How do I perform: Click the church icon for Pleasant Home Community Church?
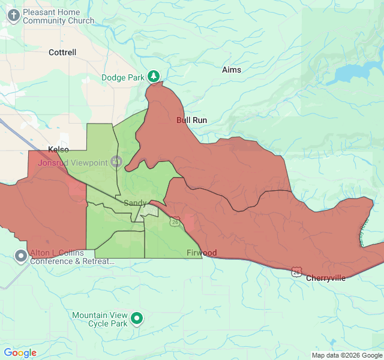pos(13,16)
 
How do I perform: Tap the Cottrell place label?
pos(62,52)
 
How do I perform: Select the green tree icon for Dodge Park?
pos(155,76)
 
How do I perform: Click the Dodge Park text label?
pos(122,77)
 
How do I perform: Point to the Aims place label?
pos(232,70)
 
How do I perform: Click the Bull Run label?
pos(191,120)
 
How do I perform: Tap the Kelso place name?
pos(58,149)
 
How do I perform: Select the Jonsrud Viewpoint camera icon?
pos(116,162)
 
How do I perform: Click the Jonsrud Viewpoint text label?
pos(73,163)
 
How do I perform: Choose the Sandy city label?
pos(135,203)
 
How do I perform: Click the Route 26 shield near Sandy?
pos(174,221)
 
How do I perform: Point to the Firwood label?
pos(201,253)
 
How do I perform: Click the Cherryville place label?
pos(326,278)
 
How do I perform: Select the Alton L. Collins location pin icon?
pos(21,256)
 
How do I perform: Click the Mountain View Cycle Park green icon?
pos(137,319)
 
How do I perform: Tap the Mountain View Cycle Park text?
pos(100,319)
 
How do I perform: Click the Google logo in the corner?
pos(20,353)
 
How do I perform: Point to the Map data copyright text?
pos(347,355)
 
